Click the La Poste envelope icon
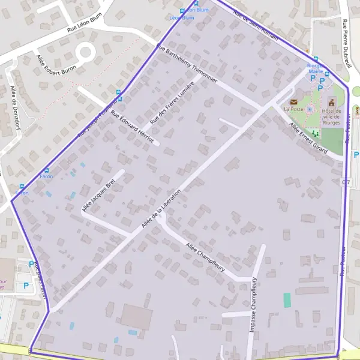tap(293, 101)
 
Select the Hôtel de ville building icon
tap(331, 101)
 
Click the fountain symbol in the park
tap(310, 109)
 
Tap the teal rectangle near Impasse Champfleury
tap(287, 300)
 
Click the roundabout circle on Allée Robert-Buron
tap(85, 52)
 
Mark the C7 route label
tap(346, 182)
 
